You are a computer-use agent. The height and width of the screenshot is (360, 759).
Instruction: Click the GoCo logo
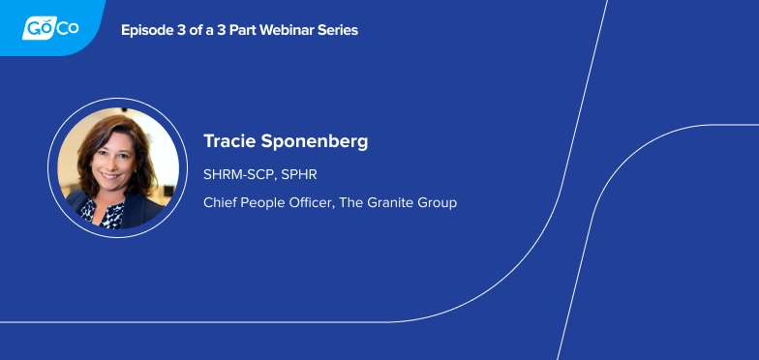click(x=49, y=27)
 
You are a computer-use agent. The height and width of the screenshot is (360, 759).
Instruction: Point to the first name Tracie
click(x=228, y=141)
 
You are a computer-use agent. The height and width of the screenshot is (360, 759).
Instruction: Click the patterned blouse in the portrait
click(x=105, y=212)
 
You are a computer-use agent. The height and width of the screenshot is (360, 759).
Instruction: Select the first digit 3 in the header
click(x=181, y=30)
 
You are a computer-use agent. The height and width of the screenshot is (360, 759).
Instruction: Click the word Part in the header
click(x=242, y=30)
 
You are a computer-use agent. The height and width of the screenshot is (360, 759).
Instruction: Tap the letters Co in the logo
click(x=67, y=28)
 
